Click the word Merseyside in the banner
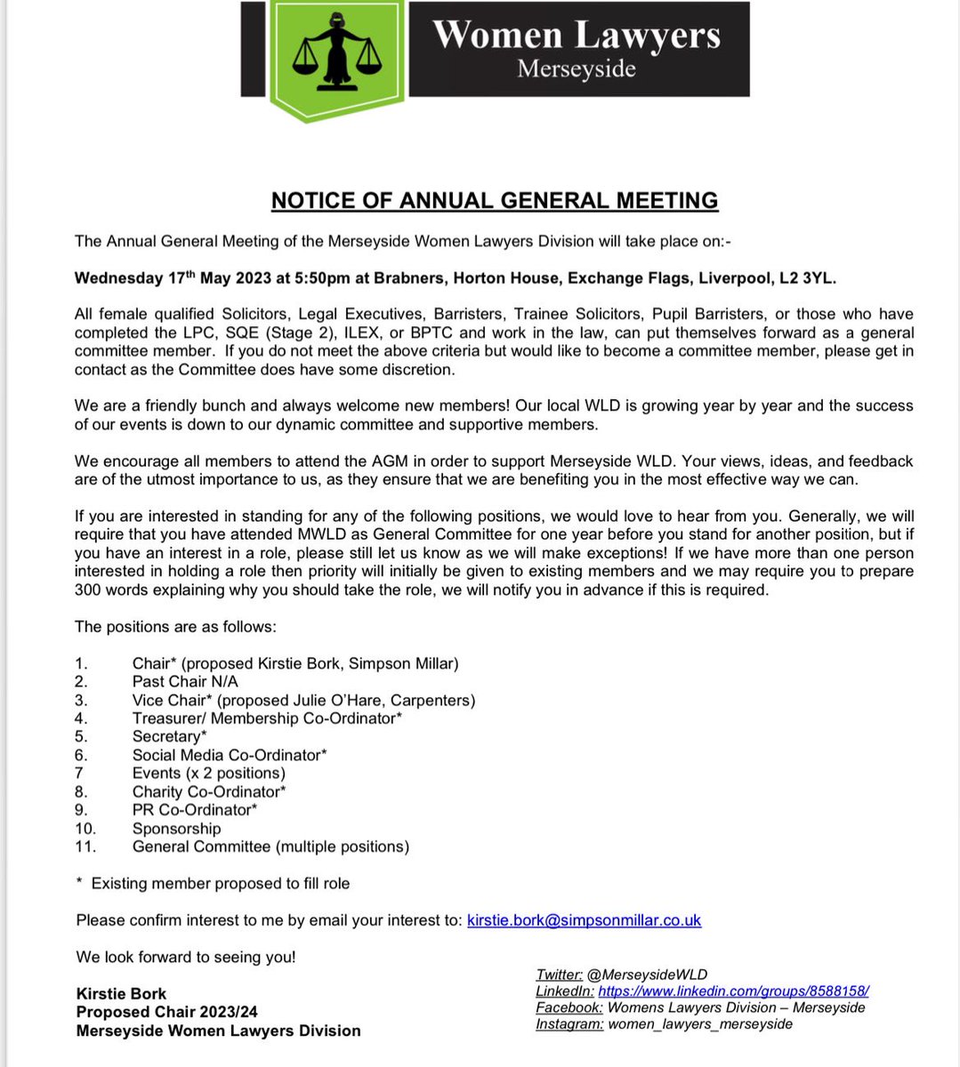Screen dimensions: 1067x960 (x=576, y=68)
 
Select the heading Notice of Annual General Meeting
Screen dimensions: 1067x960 (x=494, y=201)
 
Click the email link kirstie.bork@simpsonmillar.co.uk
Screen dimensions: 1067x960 (x=584, y=920)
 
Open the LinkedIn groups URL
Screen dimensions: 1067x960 (x=733, y=991)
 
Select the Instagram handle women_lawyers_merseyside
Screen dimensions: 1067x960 (x=700, y=1023)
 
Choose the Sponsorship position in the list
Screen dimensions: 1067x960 (x=176, y=828)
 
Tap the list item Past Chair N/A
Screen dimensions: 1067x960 (x=185, y=681)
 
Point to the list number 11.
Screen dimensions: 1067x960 (x=86, y=846)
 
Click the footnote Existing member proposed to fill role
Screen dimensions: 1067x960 (x=220, y=883)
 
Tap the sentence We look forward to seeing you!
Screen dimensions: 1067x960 (x=186, y=957)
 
